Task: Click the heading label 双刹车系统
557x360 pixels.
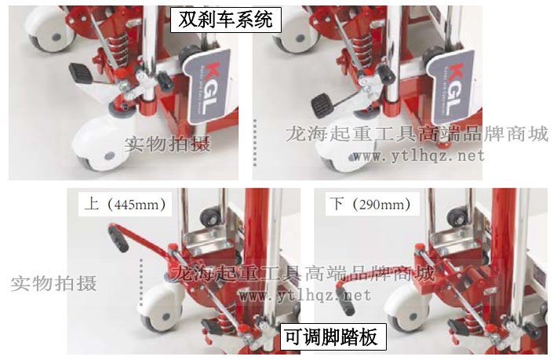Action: click(226, 19)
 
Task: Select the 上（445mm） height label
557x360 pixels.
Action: click(126, 205)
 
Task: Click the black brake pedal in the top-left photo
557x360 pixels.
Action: click(82, 72)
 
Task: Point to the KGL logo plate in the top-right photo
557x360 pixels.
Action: click(453, 82)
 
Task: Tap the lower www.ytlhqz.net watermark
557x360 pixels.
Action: click(304, 296)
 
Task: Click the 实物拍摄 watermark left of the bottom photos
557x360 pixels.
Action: click(53, 283)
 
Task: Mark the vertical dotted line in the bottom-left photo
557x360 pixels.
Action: click(142, 275)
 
